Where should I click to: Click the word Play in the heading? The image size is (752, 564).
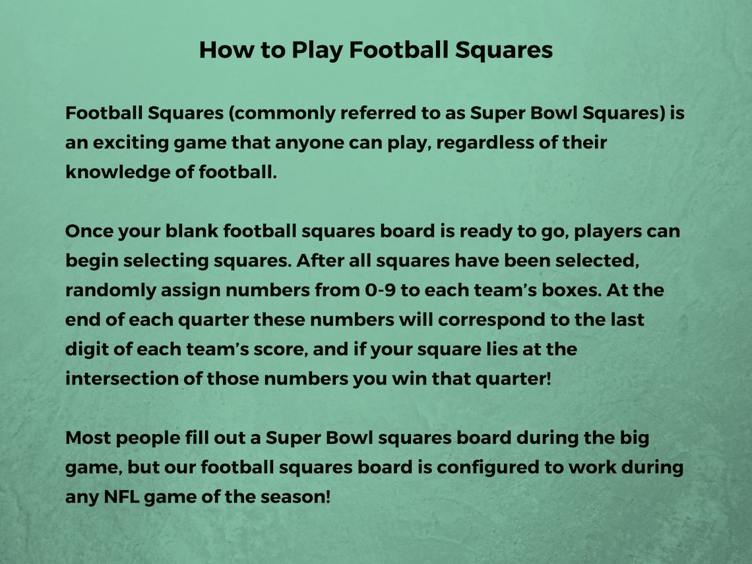[x=315, y=50]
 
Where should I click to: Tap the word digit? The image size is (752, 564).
[x=88, y=349]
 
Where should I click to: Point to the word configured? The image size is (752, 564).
[x=487, y=467]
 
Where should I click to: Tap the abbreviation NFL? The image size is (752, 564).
[x=121, y=496]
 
